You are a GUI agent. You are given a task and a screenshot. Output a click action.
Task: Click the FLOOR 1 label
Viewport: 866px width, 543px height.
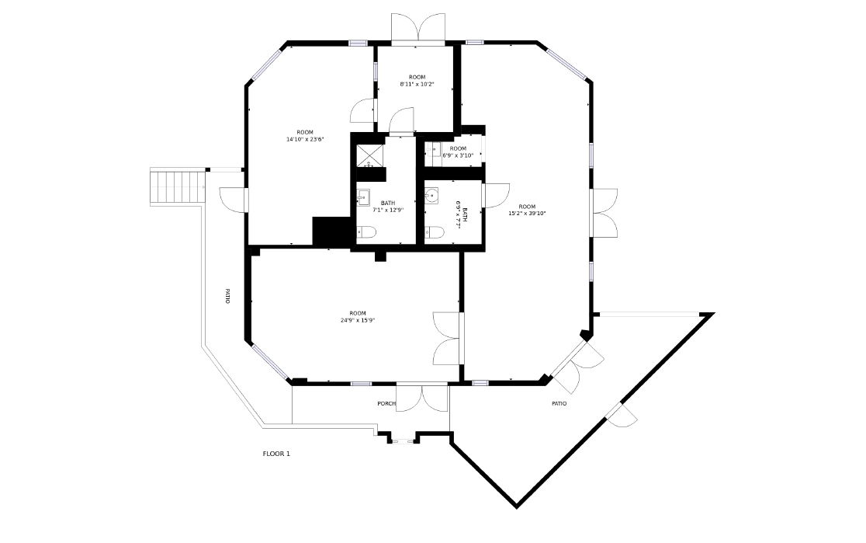[x=276, y=454]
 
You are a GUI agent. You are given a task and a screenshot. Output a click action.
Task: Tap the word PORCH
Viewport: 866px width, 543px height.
[x=386, y=404]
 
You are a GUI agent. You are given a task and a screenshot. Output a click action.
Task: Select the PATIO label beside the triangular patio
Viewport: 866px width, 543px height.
[x=559, y=404]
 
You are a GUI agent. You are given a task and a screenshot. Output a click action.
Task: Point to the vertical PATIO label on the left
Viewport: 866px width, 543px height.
[x=227, y=296]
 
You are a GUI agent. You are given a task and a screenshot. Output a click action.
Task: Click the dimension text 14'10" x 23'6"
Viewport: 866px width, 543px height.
[x=305, y=139]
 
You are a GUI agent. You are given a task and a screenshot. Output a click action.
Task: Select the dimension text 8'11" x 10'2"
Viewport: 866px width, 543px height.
[x=417, y=84]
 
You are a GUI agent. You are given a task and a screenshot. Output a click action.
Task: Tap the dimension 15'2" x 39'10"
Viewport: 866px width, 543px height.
[x=527, y=214]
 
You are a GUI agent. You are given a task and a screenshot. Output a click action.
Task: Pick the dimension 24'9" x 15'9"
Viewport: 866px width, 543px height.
[x=358, y=320]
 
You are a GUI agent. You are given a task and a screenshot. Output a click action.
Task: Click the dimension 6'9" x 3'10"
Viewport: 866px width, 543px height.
[x=458, y=155]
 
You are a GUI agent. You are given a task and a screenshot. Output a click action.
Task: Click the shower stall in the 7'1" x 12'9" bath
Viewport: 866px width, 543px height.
[x=369, y=155]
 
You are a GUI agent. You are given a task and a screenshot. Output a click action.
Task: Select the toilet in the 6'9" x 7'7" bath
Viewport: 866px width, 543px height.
[x=435, y=232]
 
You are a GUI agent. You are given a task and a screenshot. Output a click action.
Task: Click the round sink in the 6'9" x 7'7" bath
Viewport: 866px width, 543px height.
[x=432, y=196]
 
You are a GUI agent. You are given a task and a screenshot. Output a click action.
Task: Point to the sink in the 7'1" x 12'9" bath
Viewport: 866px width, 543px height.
[x=363, y=197]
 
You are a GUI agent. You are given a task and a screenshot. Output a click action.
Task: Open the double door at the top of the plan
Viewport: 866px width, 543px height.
[x=418, y=28]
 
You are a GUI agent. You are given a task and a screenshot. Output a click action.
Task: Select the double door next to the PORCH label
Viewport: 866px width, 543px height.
[x=422, y=398]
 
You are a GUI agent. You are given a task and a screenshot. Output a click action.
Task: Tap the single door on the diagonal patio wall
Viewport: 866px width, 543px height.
[x=622, y=416]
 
